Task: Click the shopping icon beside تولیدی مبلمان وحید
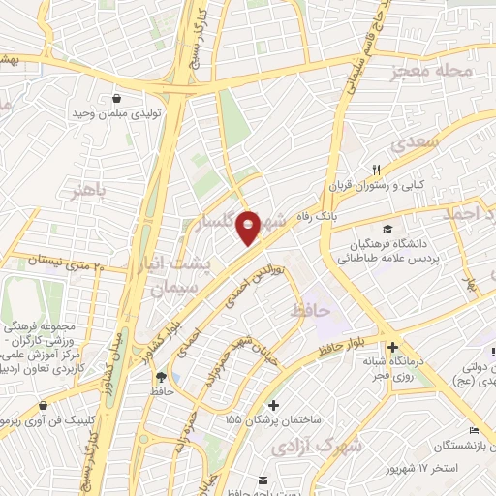coord(118,98)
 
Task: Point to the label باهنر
coord(85,189)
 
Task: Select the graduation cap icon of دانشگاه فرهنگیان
coord(387,230)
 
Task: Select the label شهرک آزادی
coord(331,447)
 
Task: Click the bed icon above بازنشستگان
coord(473,430)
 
